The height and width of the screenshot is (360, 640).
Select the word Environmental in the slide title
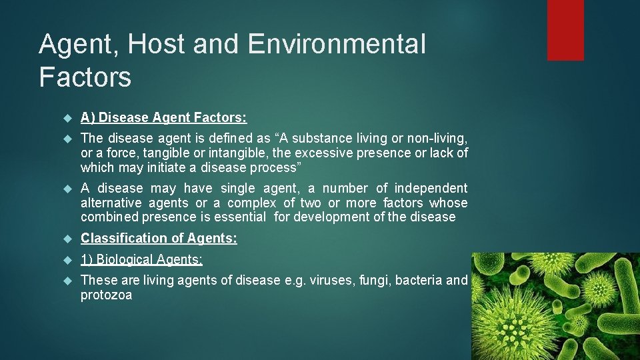click(x=337, y=45)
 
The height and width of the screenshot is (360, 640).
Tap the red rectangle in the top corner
click(x=565, y=30)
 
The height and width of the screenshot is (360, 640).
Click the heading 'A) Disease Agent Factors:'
click(x=163, y=118)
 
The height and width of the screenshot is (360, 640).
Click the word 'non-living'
click(x=433, y=139)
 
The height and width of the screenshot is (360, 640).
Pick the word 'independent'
click(x=431, y=189)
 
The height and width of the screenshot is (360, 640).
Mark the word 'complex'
click(x=252, y=203)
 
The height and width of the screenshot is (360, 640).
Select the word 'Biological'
click(x=125, y=259)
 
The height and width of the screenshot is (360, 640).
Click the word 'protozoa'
click(x=106, y=295)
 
